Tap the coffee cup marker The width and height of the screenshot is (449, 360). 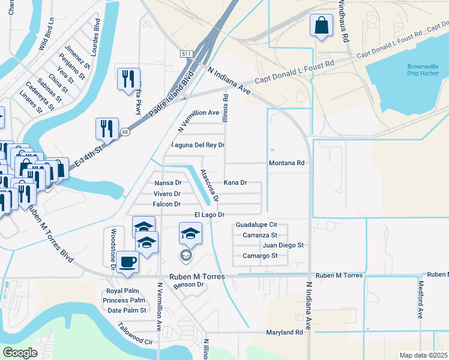tap(127, 262)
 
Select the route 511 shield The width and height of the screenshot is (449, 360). tap(186, 54)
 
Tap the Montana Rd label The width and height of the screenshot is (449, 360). tap(287, 163)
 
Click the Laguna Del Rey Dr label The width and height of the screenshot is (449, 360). tap(197, 145)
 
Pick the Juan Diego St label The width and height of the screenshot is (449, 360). tap(283, 245)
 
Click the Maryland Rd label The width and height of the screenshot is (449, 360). tap(285, 332)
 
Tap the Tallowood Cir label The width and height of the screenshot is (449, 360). tap(136, 334)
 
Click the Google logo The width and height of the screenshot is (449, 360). tap(20, 353)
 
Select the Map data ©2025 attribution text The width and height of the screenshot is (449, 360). tap(424, 355)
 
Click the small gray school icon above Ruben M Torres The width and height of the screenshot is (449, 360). tap(186, 256)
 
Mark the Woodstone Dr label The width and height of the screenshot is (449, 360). tap(112, 249)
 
